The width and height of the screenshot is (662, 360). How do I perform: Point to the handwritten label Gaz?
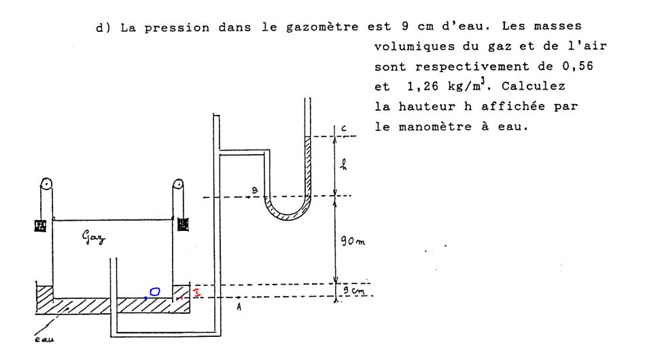coord(96,238)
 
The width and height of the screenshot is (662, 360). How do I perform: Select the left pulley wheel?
coord(46,185)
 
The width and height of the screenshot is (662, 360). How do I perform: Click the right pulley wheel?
coord(179,185)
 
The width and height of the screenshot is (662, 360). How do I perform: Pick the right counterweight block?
coord(182,223)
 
